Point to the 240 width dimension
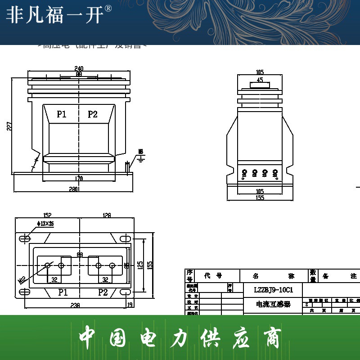[79, 68]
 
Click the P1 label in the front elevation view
[62, 114]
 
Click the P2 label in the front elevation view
[93, 114]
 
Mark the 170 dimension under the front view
[79, 179]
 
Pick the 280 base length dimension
[74, 189]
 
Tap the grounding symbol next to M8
[141, 158]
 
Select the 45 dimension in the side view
[260, 80]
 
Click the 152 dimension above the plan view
[47, 216]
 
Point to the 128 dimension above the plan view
[106, 216]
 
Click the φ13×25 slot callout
[45, 224]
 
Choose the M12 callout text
[22, 280]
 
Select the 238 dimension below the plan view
[75, 305]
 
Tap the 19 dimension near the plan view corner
[130, 305]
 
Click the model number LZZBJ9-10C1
[267, 290]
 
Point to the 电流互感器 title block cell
[273, 305]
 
